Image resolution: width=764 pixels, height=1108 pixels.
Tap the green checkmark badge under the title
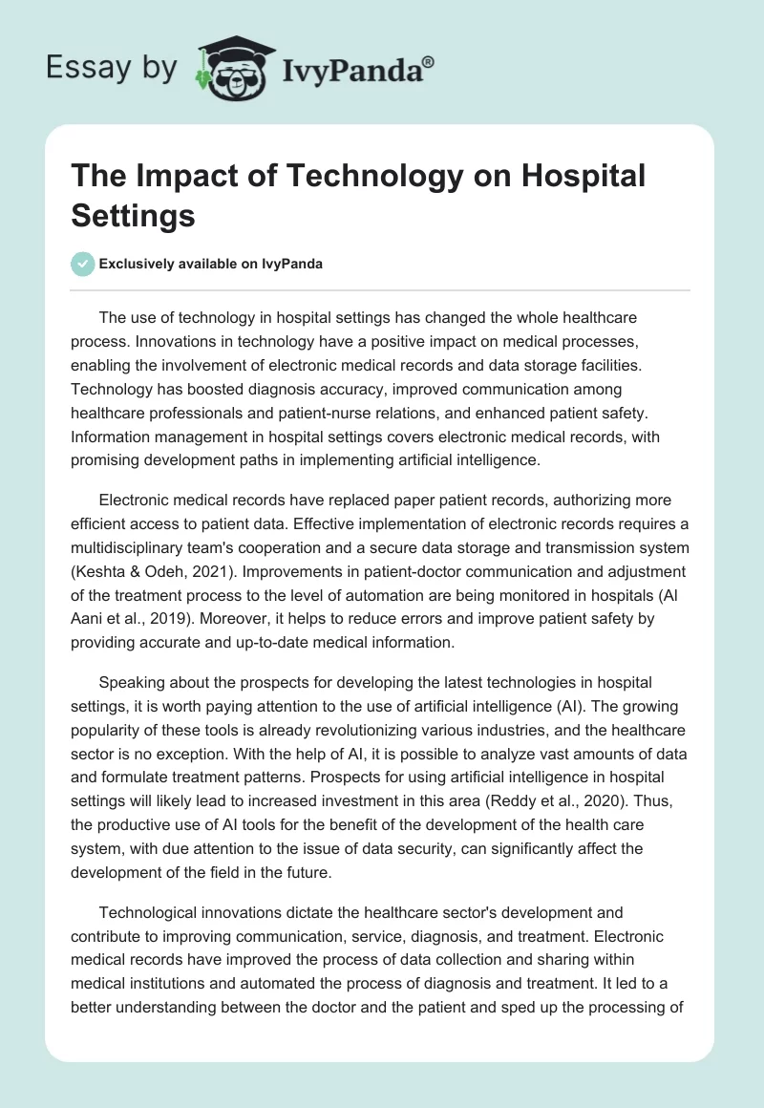(83, 264)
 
